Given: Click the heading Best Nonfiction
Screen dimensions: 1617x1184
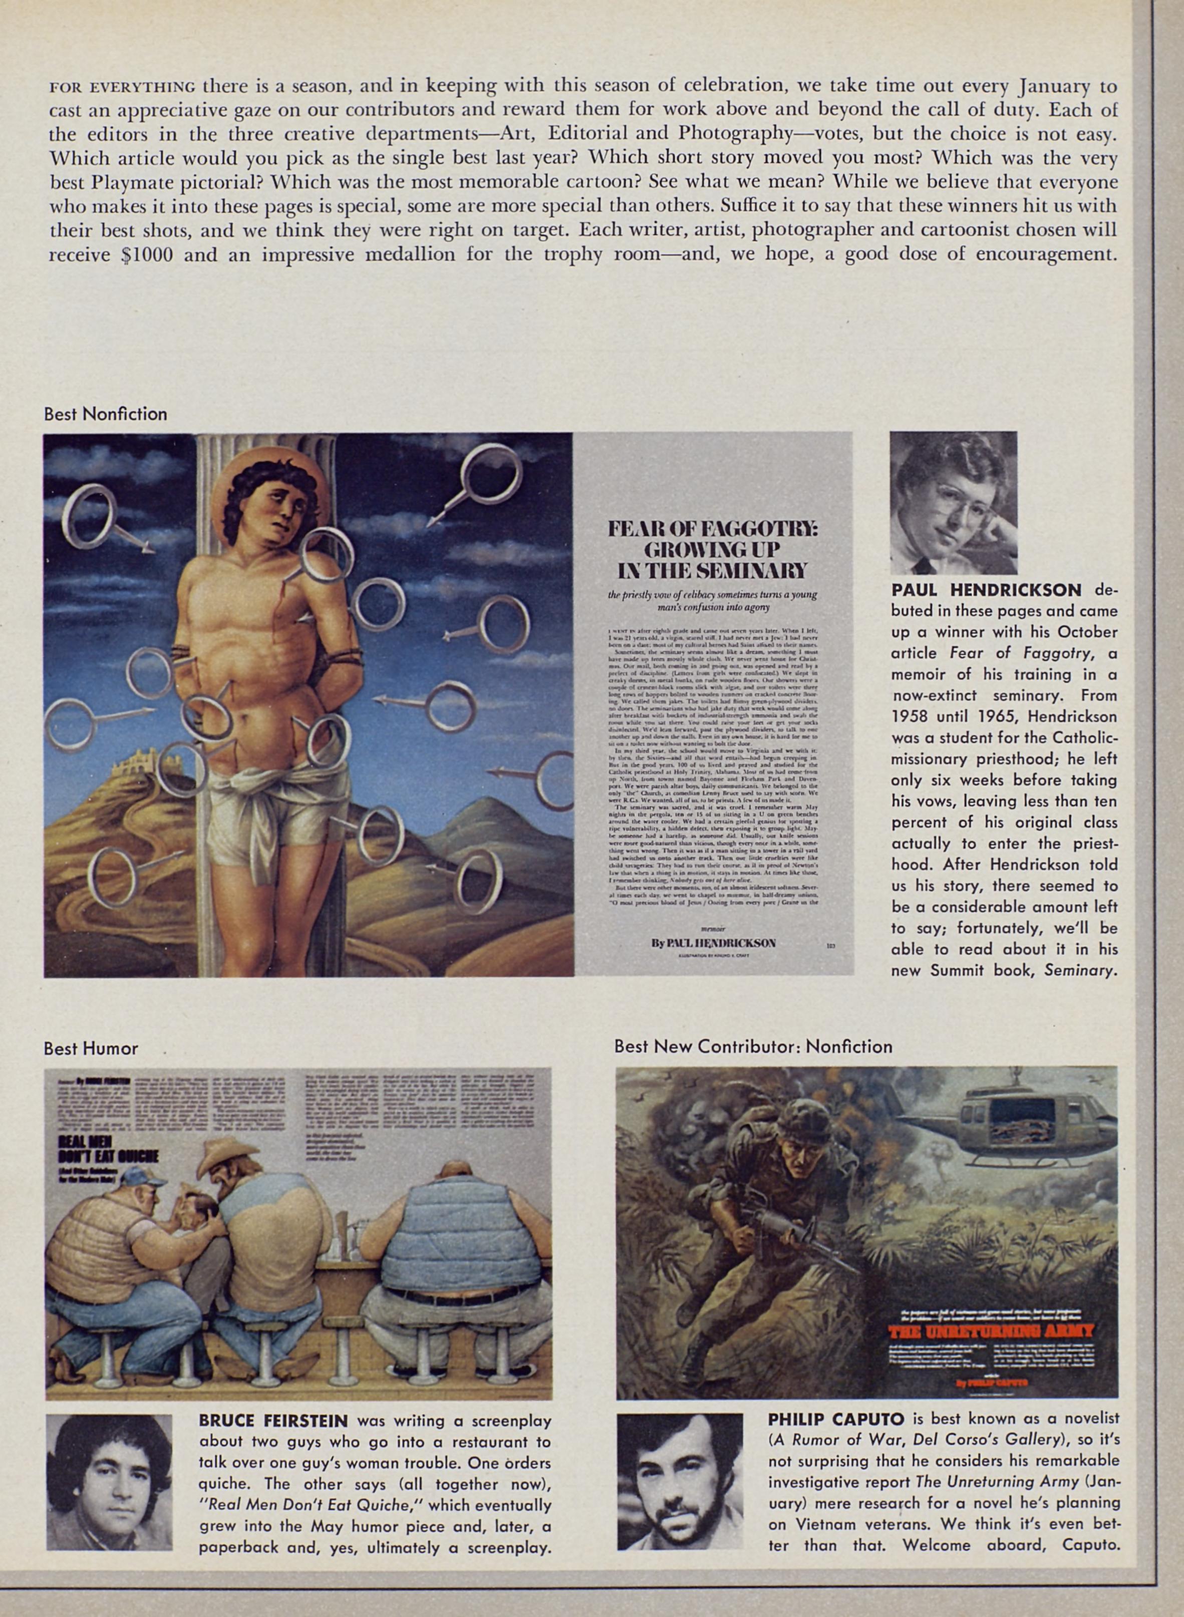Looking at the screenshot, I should point(105,414).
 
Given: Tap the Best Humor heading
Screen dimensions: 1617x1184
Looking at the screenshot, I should point(91,1048).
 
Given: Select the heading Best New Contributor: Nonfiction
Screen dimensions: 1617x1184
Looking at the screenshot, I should point(753,1046).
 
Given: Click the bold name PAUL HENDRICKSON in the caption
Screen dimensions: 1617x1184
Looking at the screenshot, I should point(986,590).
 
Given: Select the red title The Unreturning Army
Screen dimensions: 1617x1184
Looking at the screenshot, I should point(991,1332).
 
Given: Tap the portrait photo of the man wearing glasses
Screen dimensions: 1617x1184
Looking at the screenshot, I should point(953,503).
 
